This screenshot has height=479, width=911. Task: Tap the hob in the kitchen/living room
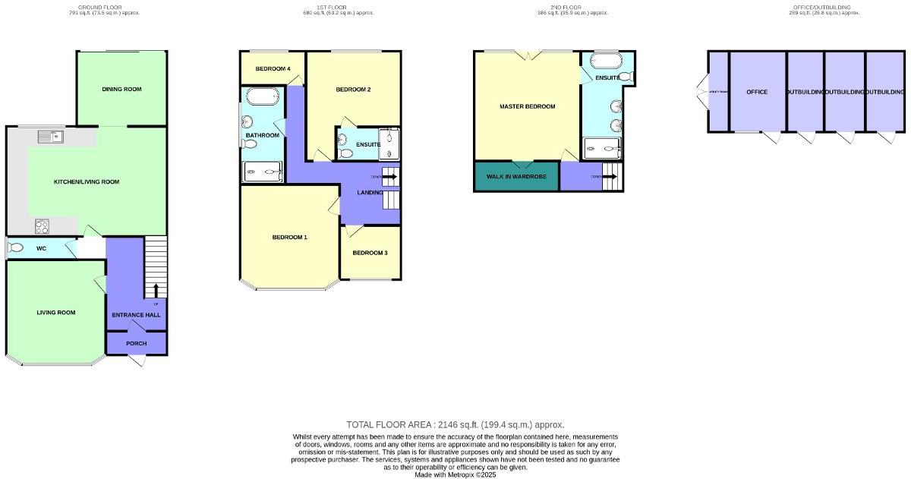(x=43, y=225)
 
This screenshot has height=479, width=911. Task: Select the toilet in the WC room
(x=15, y=247)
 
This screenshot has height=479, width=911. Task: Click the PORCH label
(x=136, y=343)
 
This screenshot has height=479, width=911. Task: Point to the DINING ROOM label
(x=121, y=89)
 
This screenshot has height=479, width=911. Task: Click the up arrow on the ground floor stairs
(x=156, y=291)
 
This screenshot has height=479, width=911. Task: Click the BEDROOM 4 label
(x=273, y=69)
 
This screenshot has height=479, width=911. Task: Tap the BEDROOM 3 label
(x=370, y=253)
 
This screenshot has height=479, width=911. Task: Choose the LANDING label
(x=370, y=192)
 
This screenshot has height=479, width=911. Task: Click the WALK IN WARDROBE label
(x=516, y=176)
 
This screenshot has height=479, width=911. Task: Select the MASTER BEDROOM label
(x=527, y=106)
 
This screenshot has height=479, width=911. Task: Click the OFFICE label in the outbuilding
(x=757, y=92)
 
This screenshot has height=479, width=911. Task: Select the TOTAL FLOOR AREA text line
(x=455, y=425)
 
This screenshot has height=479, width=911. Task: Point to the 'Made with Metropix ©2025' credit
(x=455, y=474)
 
